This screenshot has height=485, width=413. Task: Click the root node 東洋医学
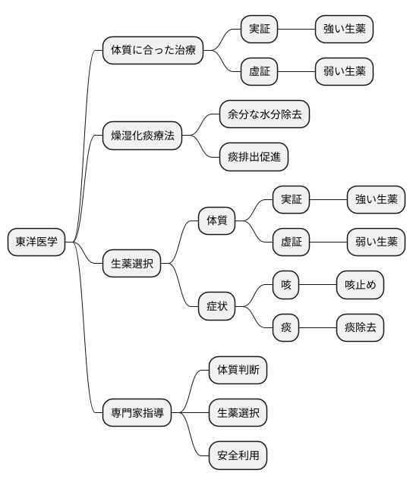click(36, 242)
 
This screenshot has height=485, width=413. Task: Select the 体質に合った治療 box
click(153, 51)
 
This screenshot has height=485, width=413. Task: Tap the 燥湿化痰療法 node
click(142, 136)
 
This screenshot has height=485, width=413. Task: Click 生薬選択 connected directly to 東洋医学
click(131, 263)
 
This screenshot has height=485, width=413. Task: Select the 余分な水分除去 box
click(264, 114)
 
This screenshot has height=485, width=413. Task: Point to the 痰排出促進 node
click(254, 157)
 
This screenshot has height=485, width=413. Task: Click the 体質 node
click(216, 221)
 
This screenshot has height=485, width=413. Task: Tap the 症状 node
click(216, 305)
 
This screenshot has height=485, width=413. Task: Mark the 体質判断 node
click(238, 371)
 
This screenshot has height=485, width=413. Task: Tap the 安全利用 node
click(238, 455)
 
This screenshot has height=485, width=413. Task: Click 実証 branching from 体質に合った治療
click(259, 30)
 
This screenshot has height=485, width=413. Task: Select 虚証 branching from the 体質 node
click(291, 242)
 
